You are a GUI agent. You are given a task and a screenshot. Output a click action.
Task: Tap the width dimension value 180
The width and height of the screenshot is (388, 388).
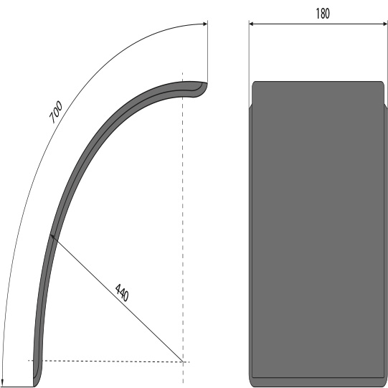[x=322, y=14]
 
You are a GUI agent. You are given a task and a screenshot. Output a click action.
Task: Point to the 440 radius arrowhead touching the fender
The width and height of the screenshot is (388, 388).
[x=52, y=237]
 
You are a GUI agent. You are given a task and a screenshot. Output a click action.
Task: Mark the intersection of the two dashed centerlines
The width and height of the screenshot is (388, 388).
[x=183, y=361]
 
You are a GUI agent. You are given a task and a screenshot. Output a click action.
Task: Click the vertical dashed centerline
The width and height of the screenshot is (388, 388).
[x=183, y=215]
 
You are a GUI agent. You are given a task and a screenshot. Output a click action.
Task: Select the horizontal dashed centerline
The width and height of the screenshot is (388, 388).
[x=108, y=361]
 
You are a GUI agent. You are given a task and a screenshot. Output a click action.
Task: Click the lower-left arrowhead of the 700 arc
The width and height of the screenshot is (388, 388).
[x=4, y=383]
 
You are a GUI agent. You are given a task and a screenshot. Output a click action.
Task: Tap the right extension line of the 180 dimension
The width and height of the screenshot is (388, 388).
[x=387, y=57]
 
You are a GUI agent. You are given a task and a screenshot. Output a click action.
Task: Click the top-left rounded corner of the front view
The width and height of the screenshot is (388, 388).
[x=255, y=85]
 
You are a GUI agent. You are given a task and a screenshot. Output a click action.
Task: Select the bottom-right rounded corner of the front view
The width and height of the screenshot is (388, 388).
[x=382, y=383]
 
